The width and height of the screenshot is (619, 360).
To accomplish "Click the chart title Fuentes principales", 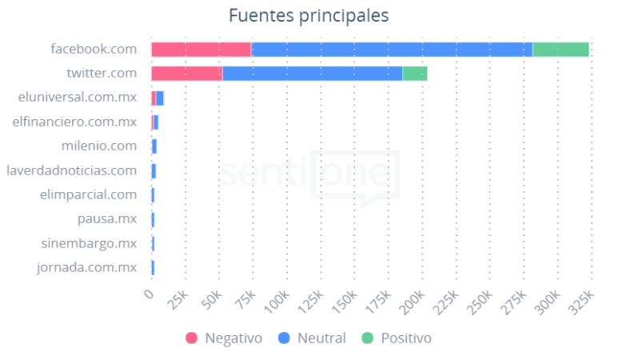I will (x=309, y=16).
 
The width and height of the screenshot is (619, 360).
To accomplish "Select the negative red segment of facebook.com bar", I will (x=201, y=50).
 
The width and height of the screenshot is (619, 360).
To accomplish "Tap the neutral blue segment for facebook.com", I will (x=391, y=50).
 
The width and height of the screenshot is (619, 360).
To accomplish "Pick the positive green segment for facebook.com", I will (x=561, y=50).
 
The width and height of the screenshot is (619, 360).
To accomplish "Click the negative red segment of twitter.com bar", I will (x=186, y=74).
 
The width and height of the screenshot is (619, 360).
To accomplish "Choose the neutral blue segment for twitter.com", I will (x=312, y=74).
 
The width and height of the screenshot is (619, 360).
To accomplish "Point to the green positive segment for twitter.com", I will (x=414, y=74).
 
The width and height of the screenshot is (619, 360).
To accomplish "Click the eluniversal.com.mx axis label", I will (x=77, y=98).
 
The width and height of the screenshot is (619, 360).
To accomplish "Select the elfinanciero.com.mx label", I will (x=74, y=122).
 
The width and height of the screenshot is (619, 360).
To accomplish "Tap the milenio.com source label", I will (x=98, y=146).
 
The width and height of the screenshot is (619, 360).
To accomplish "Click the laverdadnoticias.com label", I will (x=71, y=170).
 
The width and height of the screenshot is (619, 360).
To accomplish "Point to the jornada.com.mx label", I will (x=86, y=267).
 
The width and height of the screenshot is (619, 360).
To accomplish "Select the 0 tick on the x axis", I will (x=149, y=295).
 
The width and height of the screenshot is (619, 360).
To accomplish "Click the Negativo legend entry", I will (x=224, y=338).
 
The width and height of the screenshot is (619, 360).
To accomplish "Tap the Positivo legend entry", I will (x=397, y=338).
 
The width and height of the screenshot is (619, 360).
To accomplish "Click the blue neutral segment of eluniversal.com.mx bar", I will (x=160, y=98).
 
